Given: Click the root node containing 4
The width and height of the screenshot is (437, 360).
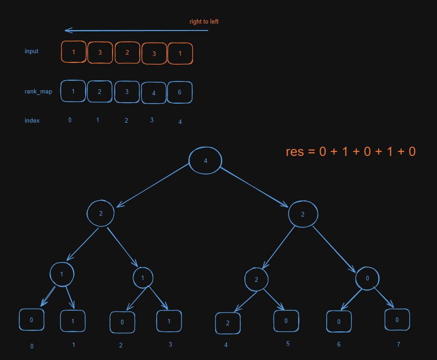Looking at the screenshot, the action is pos(205,161).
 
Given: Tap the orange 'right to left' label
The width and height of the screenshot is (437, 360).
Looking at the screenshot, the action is pos(204,22).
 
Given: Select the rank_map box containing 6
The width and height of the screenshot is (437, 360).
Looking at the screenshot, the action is pos(180,92).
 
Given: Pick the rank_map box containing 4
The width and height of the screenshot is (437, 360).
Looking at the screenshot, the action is pos(154,93).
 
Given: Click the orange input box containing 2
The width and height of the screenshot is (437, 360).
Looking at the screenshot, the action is pos(127,52).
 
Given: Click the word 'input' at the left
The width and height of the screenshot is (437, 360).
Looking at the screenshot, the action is pos(31,51).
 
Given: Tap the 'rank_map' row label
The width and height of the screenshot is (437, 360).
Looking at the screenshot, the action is pos(38,91).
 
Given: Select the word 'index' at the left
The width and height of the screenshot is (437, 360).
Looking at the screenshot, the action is pos(32,120).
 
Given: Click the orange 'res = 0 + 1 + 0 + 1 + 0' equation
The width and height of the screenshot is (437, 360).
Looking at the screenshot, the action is pos(350,151).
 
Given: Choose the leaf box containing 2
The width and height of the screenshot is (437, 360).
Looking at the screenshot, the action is pos(228,323).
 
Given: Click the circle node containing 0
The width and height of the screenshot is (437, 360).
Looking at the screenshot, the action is pos(367,279).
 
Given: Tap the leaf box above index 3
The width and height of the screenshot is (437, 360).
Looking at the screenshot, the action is pos(169,321).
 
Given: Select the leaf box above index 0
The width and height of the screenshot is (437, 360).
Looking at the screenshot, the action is pos(31,320).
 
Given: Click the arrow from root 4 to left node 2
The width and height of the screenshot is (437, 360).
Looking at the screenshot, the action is pos(154,185).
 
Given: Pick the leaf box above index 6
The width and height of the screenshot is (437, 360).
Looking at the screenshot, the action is pos(339,322).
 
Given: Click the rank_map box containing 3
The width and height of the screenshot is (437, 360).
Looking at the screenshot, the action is pos(127,92).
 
